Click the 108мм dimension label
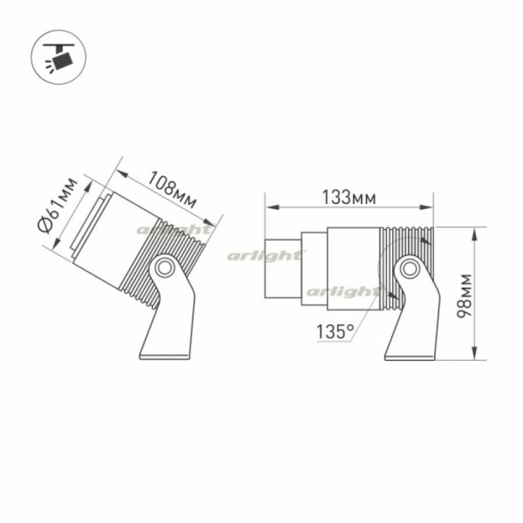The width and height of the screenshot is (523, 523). tap(172, 190)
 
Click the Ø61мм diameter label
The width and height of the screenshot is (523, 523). tap(58, 205)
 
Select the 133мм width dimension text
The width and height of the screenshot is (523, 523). tap(349, 197)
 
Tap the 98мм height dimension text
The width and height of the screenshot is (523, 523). tap(464, 296)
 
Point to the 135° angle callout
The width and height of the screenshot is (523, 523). tap(335, 331)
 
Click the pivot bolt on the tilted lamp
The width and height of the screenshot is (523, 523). tap(165, 267)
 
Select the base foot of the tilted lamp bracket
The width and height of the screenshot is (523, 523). tap(165, 356)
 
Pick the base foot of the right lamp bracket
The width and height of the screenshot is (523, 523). tap(410, 357)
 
